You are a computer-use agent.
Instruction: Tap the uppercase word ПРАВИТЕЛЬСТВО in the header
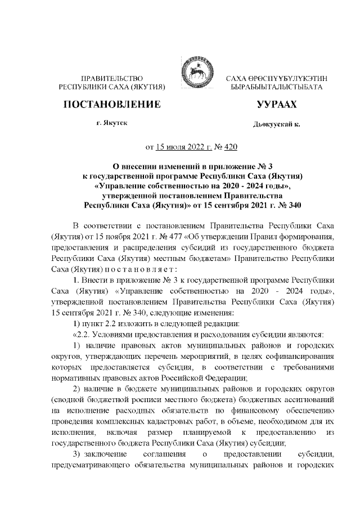(112, 78)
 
